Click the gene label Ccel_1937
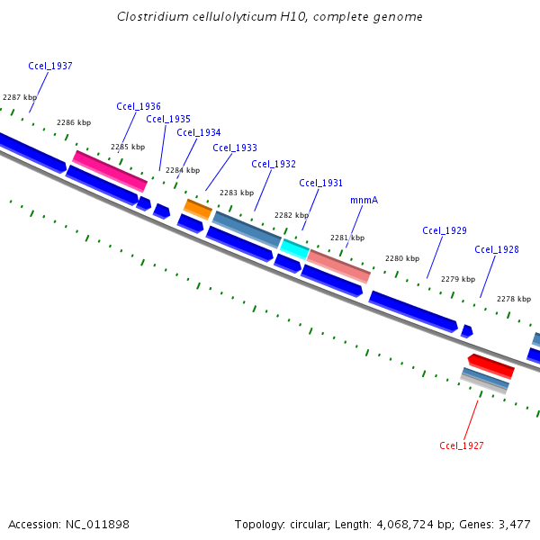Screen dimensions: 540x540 click(50, 66)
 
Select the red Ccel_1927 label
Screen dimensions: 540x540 click(462, 445)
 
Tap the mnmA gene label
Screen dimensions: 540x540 click(363, 201)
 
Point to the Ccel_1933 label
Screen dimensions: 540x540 click(235, 148)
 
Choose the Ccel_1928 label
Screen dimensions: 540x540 click(497, 249)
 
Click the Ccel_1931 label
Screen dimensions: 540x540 click(321, 183)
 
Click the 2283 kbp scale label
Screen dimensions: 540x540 click(237, 193)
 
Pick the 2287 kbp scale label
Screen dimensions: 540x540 click(20, 97)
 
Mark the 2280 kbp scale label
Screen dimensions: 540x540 click(402, 259)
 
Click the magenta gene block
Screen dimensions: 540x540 click(110, 171)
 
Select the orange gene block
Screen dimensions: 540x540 click(198, 210)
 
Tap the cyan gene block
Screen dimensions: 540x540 click(294, 247)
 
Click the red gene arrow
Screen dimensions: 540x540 click(491, 365)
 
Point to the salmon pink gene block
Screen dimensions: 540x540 click(338, 265)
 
